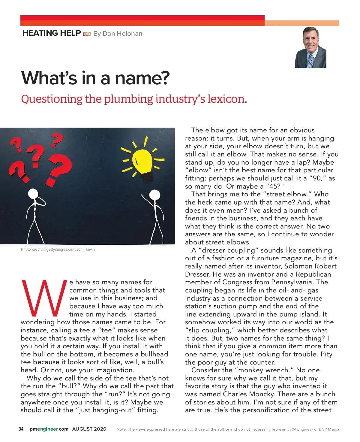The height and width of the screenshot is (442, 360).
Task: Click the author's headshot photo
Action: pyautogui.click(x=310, y=47)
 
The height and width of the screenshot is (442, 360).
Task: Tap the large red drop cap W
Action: pyautogui.click(x=44, y=298)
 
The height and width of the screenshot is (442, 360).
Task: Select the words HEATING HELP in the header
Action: pyautogui.click(x=51, y=33)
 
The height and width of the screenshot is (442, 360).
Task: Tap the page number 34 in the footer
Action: pyautogui.click(x=21, y=429)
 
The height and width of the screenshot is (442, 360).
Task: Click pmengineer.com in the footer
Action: pyautogui.click(x=49, y=429)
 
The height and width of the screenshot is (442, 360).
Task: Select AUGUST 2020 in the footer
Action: pyautogui.click(x=89, y=429)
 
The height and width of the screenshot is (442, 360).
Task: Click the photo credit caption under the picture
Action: pyautogui.click(x=58, y=249)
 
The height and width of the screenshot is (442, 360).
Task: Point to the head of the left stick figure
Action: pyautogui.click(x=33, y=194)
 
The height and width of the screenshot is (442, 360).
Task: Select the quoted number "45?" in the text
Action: pyautogui.click(x=274, y=186)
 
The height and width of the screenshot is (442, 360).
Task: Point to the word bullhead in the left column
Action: pyautogui.click(x=154, y=354)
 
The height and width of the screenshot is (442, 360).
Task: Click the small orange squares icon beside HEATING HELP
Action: pyautogui.click(x=86, y=34)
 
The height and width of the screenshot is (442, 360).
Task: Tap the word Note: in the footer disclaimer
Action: pyautogui.click(x=121, y=429)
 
